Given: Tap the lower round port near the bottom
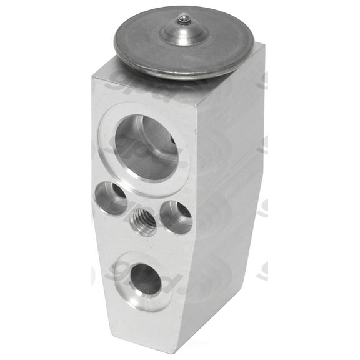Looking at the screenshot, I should (x=146, y=279).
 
